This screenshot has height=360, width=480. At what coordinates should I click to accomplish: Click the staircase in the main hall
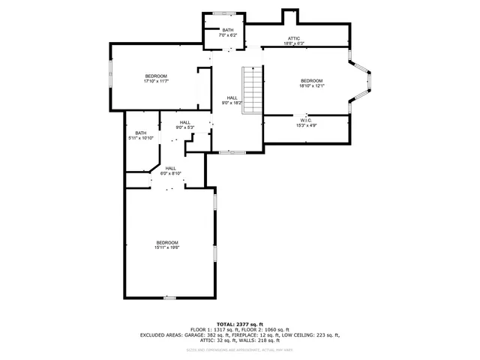click(x=252, y=90)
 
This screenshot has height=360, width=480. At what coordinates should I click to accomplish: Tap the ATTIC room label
click(x=295, y=37)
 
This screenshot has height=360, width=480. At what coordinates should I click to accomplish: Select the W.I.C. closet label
click(x=306, y=120)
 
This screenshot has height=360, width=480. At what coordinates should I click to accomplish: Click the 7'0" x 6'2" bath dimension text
click(x=227, y=35)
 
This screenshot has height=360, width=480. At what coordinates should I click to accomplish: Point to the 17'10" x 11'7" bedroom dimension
click(x=156, y=81)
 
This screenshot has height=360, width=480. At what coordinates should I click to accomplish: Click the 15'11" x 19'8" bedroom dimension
click(x=166, y=247)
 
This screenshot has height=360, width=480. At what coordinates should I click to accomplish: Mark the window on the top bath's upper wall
click(x=223, y=13)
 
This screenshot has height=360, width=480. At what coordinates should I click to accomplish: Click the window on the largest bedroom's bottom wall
click(x=169, y=298)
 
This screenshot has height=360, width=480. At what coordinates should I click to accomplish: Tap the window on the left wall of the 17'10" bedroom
click(x=111, y=76)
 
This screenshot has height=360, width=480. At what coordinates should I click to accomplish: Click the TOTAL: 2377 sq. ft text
click(x=240, y=323)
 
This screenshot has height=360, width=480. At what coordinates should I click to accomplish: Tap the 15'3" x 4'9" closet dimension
click(x=306, y=125)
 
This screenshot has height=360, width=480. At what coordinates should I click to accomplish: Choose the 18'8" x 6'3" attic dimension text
click(x=295, y=43)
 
